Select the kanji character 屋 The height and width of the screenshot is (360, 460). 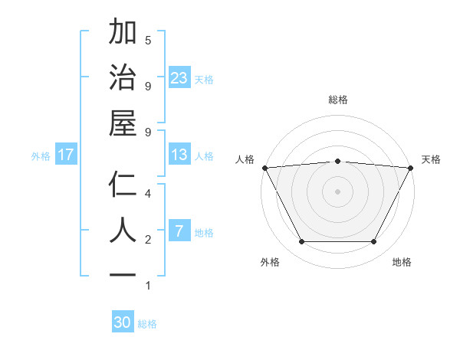pos(123,123)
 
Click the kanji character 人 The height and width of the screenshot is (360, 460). pos(123,231)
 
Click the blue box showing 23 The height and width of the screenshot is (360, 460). pos(179,77)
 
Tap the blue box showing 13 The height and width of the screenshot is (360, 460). pos(179,155)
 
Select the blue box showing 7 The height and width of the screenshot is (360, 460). pos(179,231)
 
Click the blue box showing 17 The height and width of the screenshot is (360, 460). pos(66,155)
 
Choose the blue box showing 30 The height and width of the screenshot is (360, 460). pos(123,322)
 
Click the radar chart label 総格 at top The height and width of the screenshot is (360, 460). pos(337,100)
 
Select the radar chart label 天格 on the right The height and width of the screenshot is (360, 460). pos(431,159)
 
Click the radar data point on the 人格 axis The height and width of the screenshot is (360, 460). pos(264,167)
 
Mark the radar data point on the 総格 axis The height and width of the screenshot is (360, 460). pos(337,161)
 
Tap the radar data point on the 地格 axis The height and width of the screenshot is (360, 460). pos(374,242)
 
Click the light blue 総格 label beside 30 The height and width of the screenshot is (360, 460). pos(147,324)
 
